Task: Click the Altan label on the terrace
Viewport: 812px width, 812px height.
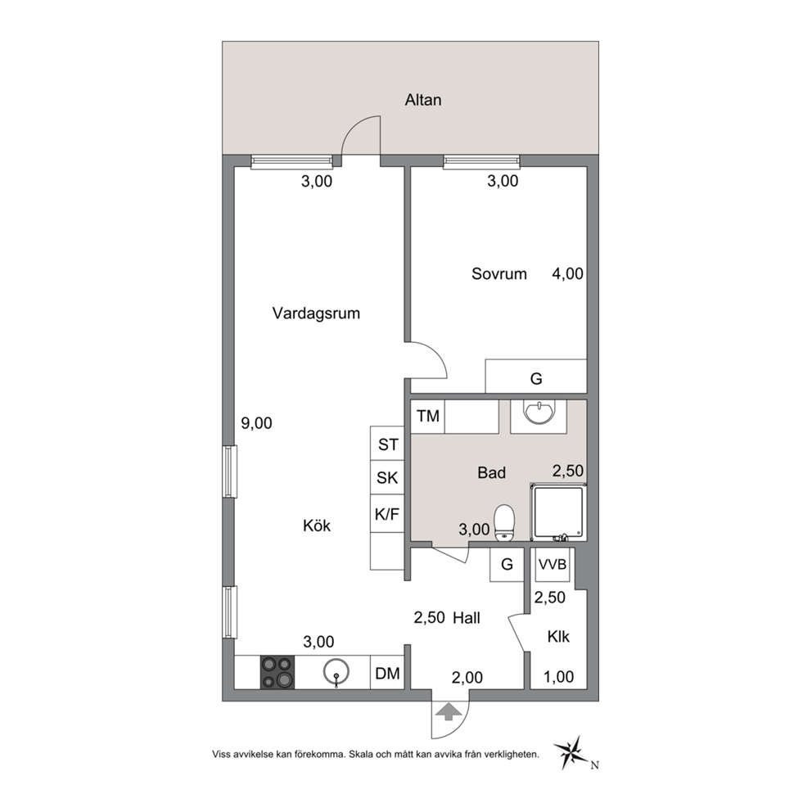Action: [423, 99]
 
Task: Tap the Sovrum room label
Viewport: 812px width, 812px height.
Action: [498, 273]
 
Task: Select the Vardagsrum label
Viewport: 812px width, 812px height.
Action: [316, 314]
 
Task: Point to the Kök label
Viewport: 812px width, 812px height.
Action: [317, 526]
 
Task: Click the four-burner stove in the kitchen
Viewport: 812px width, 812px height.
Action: [277, 672]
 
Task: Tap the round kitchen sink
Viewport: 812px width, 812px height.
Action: [336, 673]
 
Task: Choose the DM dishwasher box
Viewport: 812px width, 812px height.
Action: [387, 673]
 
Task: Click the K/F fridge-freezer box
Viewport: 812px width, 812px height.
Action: [387, 514]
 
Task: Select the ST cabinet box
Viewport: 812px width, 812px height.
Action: [387, 444]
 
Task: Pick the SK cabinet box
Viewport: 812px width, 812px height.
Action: [387, 477]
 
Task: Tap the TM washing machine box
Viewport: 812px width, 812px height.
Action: [428, 416]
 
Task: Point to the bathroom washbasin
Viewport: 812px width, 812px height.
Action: [539, 413]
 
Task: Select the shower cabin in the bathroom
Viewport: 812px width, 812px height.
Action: [558, 512]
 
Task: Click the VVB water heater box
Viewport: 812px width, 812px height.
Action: [553, 565]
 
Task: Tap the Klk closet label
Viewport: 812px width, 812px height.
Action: [558, 637]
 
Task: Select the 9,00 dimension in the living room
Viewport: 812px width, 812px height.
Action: [256, 423]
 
